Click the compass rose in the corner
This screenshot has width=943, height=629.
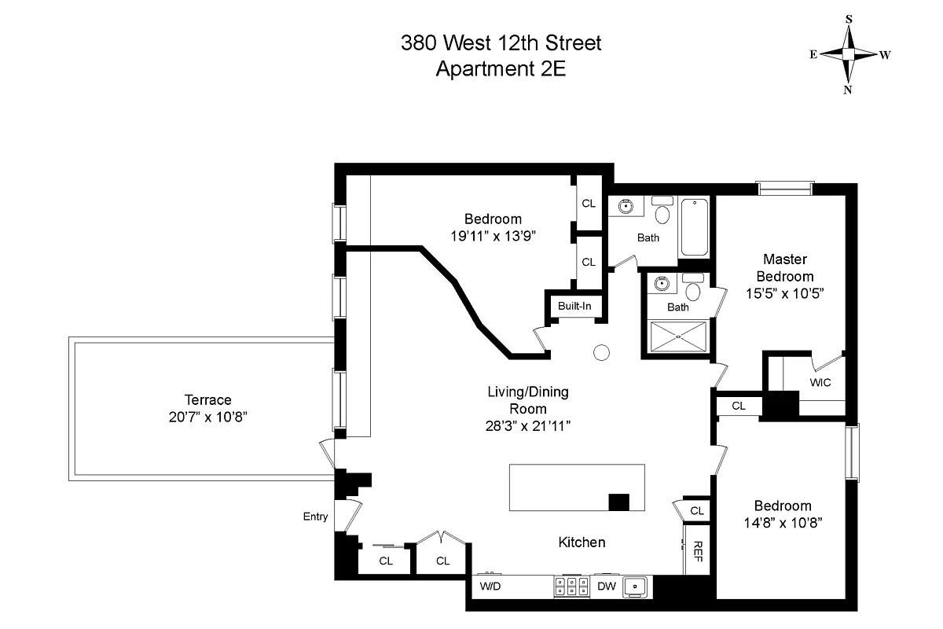click(849, 54)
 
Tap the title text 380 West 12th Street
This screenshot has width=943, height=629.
click(501, 42)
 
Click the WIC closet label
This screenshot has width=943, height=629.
click(820, 383)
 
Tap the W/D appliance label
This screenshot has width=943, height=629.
click(490, 587)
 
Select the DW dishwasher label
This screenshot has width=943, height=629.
click(606, 587)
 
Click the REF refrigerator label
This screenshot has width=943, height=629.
click(697, 550)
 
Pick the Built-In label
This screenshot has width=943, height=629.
click(574, 306)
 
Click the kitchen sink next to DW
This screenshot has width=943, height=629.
click(634, 587)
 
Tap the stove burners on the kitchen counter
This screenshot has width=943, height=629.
click(572, 587)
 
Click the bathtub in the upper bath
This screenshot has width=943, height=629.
click(694, 227)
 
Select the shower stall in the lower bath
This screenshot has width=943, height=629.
click(677, 338)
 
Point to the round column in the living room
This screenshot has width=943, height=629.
click(601, 353)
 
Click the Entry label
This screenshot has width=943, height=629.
click(314, 517)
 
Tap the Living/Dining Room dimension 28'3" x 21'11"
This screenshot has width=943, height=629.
click(527, 425)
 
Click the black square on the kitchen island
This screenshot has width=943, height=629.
click(619, 502)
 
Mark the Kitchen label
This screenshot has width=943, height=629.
click(582, 543)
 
